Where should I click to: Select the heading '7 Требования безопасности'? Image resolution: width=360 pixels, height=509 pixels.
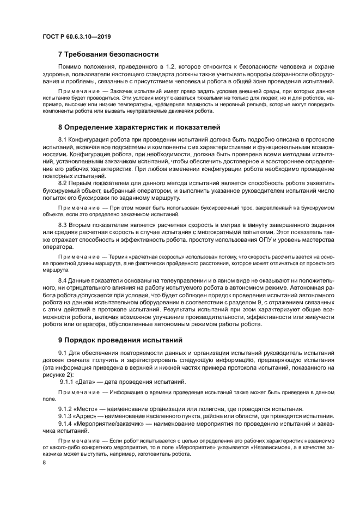[x=108, y=54]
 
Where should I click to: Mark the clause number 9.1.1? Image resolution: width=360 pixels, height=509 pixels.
[x=68, y=382]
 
